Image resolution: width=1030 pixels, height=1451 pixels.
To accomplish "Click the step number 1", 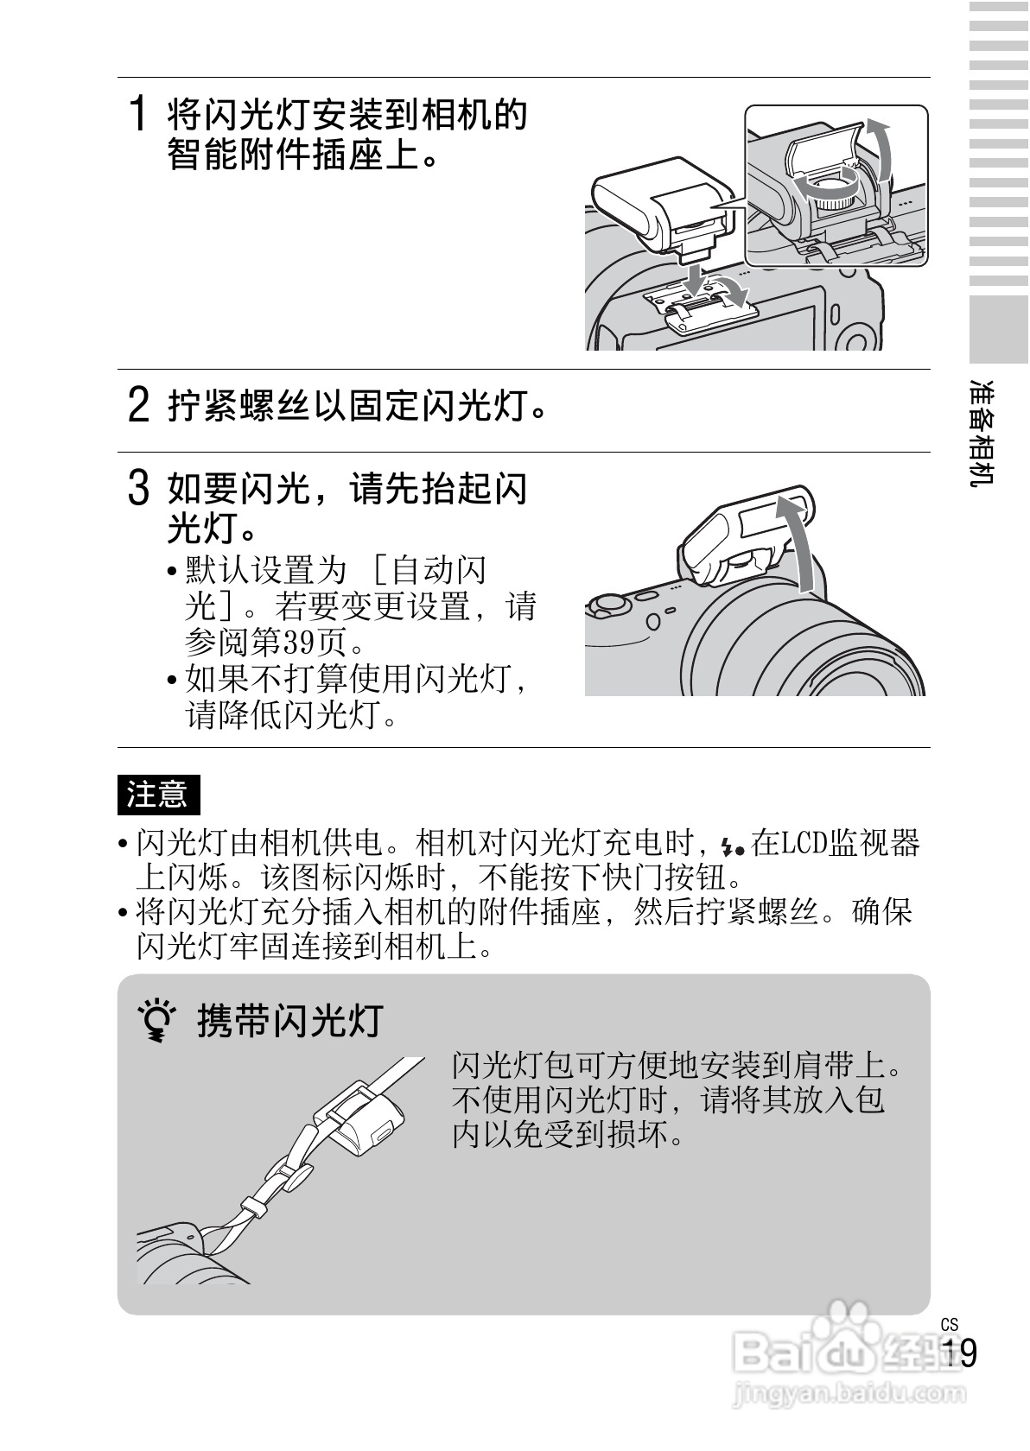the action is point(139,112).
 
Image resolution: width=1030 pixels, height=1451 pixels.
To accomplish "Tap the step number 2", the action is point(139,405).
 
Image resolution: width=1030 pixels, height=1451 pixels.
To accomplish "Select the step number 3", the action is point(139,488).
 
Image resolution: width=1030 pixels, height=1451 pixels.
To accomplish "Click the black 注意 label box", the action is point(158,795).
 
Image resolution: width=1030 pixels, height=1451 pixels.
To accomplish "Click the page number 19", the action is point(960,1353).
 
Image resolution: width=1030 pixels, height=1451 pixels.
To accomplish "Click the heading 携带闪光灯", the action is point(290,1022).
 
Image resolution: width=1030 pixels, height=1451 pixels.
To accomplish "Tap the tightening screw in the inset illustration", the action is point(836,194).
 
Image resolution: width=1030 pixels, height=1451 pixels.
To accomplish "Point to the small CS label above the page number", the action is point(950,1325).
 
